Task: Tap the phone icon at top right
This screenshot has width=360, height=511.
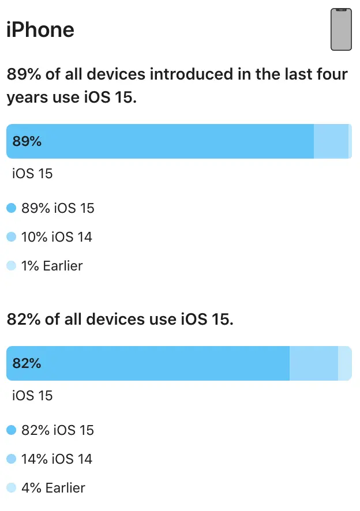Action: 341,29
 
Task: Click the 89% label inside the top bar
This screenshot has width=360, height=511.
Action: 27,141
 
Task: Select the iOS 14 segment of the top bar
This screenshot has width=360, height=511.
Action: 331,141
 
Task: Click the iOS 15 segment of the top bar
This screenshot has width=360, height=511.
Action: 173,141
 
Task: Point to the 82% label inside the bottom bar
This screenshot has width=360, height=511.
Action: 27,363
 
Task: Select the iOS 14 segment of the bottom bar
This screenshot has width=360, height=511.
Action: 313,363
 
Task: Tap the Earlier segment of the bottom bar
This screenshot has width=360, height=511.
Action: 344,363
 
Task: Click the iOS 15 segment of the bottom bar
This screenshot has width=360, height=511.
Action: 162,363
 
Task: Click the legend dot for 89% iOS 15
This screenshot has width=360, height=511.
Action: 11,208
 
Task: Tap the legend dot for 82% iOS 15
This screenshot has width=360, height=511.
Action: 11,430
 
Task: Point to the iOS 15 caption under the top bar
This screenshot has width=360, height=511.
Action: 32,173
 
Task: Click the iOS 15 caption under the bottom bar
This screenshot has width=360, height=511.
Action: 32,395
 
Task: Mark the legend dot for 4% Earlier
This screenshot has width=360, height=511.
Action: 11,488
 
